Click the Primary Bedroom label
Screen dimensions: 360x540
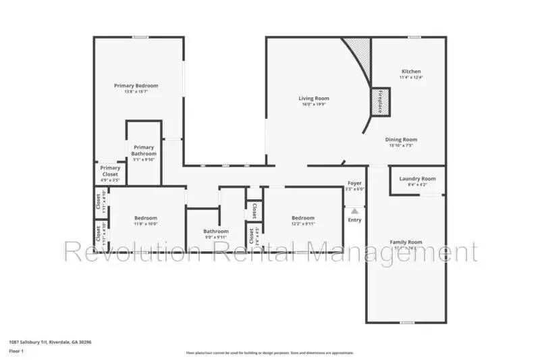[x=136, y=86]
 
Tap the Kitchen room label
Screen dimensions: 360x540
[x=411, y=71]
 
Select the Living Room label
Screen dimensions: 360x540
[x=314, y=99]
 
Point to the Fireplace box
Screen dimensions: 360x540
[x=380, y=101]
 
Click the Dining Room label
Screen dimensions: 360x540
[x=401, y=140]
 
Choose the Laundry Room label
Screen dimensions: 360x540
[x=417, y=179]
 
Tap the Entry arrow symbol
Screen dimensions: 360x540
[x=354, y=211]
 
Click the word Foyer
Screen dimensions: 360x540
[x=354, y=183]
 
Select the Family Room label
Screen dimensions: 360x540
[x=406, y=242]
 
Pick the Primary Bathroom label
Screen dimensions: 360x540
[x=144, y=151]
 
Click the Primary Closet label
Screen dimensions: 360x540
[x=110, y=171]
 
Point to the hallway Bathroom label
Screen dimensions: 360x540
[x=216, y=232]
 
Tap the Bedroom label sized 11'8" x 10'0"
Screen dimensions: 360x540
[x=146, y=217]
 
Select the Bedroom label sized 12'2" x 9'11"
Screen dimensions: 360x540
[x=303, y=217]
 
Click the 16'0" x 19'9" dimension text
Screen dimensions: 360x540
[x=314, y=105]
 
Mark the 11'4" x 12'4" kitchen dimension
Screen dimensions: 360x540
[x=411, y=77]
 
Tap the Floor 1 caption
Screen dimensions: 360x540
[x=16, y=351]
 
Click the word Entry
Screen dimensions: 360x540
[x=354, y=220]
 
